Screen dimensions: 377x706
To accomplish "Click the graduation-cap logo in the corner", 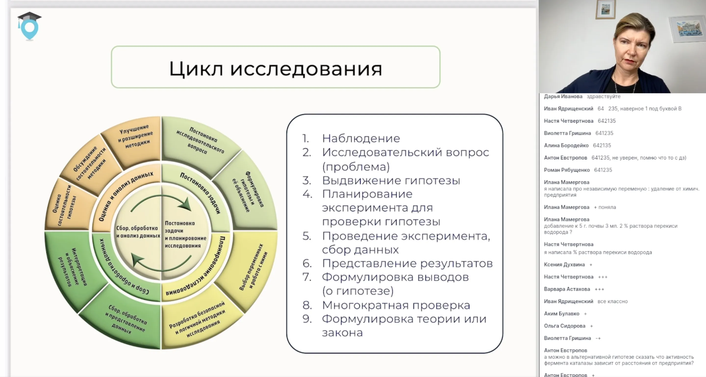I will coord(29,26).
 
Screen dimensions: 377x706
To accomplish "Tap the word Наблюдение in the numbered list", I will coord(361,138).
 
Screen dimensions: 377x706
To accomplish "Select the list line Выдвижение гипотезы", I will coord(391,181).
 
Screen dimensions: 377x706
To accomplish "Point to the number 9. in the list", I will coord(307,319).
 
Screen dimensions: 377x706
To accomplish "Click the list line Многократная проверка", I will coord(396,305).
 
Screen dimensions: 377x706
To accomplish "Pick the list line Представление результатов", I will coord(407,263).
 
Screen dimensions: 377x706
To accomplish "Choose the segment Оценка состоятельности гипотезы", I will coord(65,206).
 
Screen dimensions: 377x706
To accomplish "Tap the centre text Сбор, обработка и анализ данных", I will coord(138,232).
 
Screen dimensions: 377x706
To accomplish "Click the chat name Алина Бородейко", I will coord(566,145).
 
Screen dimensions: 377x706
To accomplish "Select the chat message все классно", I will coord(612,301).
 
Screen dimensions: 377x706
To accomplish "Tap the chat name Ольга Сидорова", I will coord(564,326).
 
